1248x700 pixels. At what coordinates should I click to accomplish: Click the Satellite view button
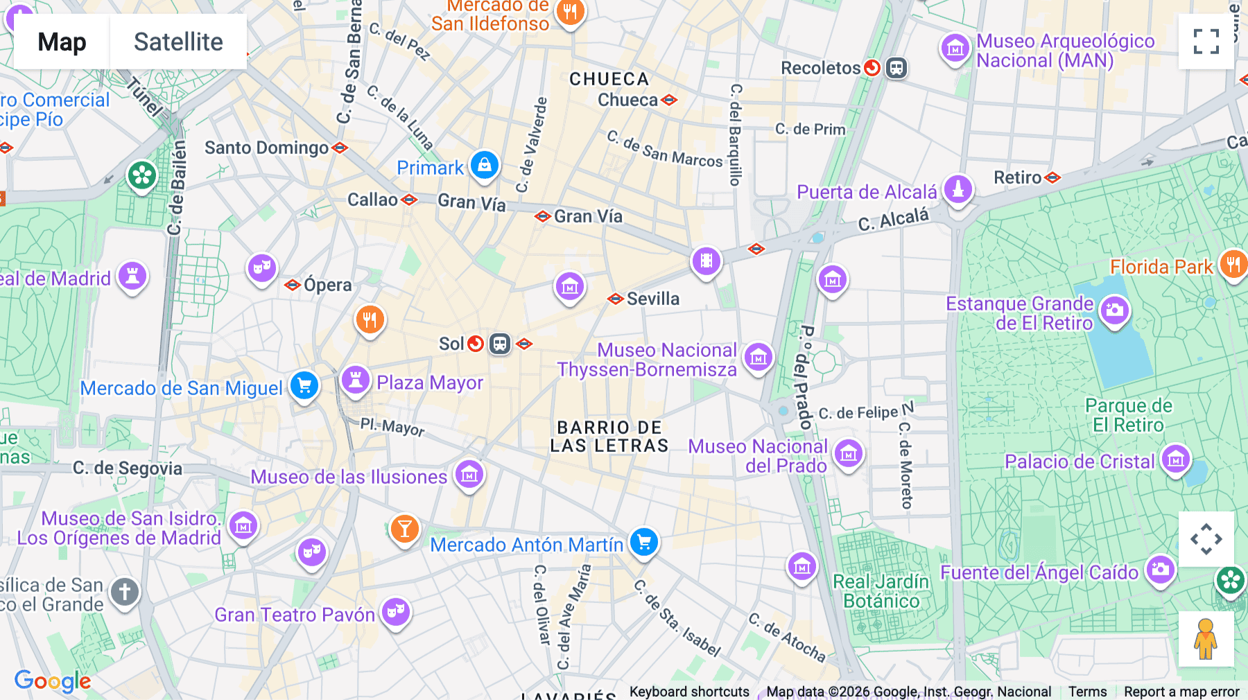178,42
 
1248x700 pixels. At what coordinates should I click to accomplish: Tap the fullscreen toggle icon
1206,42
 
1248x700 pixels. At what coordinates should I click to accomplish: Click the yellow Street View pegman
1206,639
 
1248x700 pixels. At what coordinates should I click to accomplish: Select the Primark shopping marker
485,166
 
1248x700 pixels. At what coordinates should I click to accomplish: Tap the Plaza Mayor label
429,383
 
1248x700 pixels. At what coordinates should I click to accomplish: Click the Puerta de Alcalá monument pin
958,189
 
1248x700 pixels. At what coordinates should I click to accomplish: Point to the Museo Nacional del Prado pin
849,454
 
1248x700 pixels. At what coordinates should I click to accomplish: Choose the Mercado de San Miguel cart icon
304,386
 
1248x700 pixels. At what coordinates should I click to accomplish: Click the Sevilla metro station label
652,299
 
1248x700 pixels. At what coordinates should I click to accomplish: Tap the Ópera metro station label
327,285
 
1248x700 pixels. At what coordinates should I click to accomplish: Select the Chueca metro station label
627,100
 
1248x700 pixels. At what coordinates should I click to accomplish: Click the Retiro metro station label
1017,177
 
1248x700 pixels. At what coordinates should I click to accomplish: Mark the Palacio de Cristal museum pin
1176,459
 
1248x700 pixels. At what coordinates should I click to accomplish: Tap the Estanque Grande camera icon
1115,310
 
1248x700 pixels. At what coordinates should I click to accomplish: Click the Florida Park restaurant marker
1233,264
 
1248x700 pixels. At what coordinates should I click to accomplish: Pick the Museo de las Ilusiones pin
469,475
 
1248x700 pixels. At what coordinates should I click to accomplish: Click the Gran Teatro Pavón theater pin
396,611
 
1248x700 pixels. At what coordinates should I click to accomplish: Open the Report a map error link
1181,692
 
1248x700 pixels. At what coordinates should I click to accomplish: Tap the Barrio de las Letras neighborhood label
609,437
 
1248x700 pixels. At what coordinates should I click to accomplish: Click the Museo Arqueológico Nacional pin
955,49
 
